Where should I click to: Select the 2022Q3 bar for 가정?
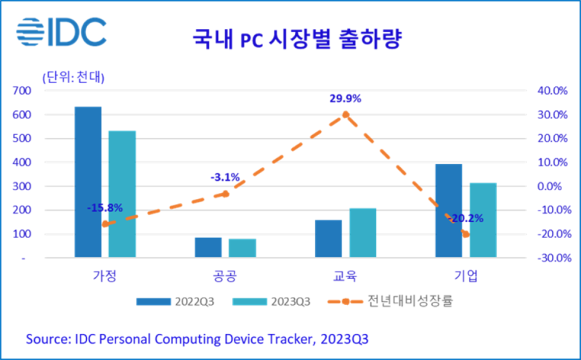(x=88, y=181)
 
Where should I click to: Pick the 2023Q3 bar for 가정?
(x=123, y=194)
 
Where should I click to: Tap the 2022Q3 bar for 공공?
(x=208, y=247)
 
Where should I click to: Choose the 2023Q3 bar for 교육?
(x=363, y=233)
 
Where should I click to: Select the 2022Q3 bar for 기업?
(x=448, y=210)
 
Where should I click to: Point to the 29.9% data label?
(x=346, y=99)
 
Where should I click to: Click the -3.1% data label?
(x=224, y=177)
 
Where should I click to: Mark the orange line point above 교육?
(x=346, y=115)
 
